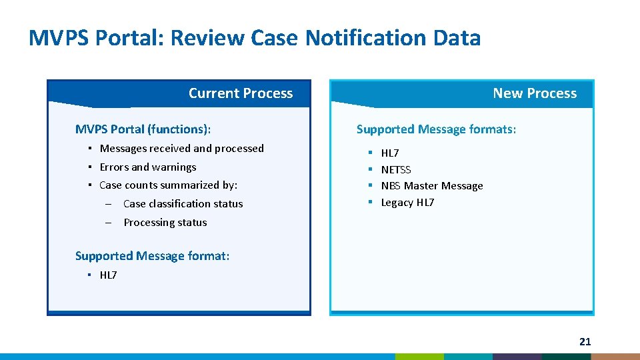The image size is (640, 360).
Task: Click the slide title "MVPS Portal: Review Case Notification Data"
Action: tap(254, 38)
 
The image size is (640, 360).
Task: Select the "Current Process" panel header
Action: tap(240, 93)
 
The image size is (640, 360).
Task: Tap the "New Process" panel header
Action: tap(534, 93)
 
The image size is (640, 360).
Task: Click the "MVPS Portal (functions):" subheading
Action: tap(147, 129)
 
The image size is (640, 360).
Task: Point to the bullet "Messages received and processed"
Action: tap(181, 148)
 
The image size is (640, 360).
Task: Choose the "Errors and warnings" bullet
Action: tap(147, 167)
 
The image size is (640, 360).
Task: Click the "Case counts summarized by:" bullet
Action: tap(168, 185)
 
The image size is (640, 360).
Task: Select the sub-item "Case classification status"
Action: tap(183, 203)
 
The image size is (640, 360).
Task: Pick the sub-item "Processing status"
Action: tap(165, 222)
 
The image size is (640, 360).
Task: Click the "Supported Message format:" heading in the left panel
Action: tap(152, 255)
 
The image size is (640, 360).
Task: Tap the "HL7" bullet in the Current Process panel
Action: tap(108, 275)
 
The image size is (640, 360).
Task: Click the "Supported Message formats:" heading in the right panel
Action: tap(436, 129)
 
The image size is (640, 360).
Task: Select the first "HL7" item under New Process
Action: tap(390, 153)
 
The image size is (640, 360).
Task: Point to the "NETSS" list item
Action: tap(396, 169)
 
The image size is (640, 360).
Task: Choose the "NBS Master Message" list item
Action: tap(431, 185)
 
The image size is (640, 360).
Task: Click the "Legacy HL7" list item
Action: tap(407, 202)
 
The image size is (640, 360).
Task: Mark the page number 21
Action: tap(585, 341)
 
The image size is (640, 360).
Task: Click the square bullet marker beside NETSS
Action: tap(369, 169)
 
